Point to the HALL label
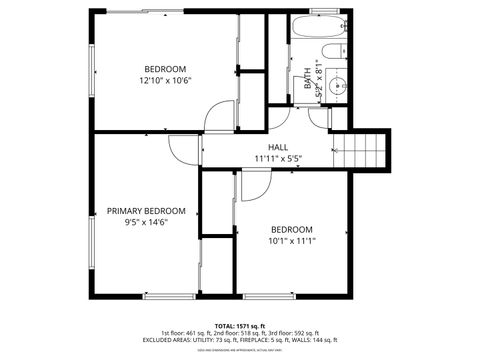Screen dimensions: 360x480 coord(277,147)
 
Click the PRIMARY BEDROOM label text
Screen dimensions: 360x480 coord(146,211)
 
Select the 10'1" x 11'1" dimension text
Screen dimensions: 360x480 coord(291,241)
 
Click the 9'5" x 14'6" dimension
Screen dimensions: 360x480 coord(146,222)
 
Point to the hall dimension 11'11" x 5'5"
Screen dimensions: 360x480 coord(277,158)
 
